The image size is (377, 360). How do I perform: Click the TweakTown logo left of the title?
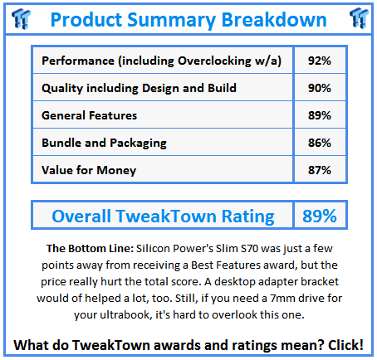pyautogui.click(x=21, y=18)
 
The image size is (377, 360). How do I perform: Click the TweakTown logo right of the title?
pyautogui.click(x=359, y=18)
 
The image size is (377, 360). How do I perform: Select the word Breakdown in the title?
pyautogui.click(x=274, y=20)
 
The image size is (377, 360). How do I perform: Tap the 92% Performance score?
pyautogui.click(x=320, y=61)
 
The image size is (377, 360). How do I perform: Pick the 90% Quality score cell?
pyautogui.click(x=320, y=88)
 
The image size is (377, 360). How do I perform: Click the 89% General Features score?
pyautogui.click(x=320, y=115)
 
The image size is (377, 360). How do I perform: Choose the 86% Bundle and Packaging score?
pyautogui.click(x=320, y=143)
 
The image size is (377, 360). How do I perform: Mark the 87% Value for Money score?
pyautogui.click(x=320, y=170)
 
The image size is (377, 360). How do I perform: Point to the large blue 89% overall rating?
pyautogui.click(x=320, y=216)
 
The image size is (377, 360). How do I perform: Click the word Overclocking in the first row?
pyautogui.click(x=214, y=61)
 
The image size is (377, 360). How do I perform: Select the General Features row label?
pyautogui.click(x=89, y=115)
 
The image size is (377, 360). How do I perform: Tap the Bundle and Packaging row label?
pyautogui.click(x=104, y=143)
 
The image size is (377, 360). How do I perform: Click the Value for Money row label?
pyautogui.click(x=89, y=170)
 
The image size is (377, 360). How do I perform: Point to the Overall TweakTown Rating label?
pyautogui.click(x=163, y=216)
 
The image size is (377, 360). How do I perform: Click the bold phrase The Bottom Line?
pyautogui.click(x=91, y=248)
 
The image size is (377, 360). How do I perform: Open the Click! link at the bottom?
pyautogui.click(x=345, y=345)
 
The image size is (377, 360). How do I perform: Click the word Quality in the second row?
pyautogui.click(x=62, y=88)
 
